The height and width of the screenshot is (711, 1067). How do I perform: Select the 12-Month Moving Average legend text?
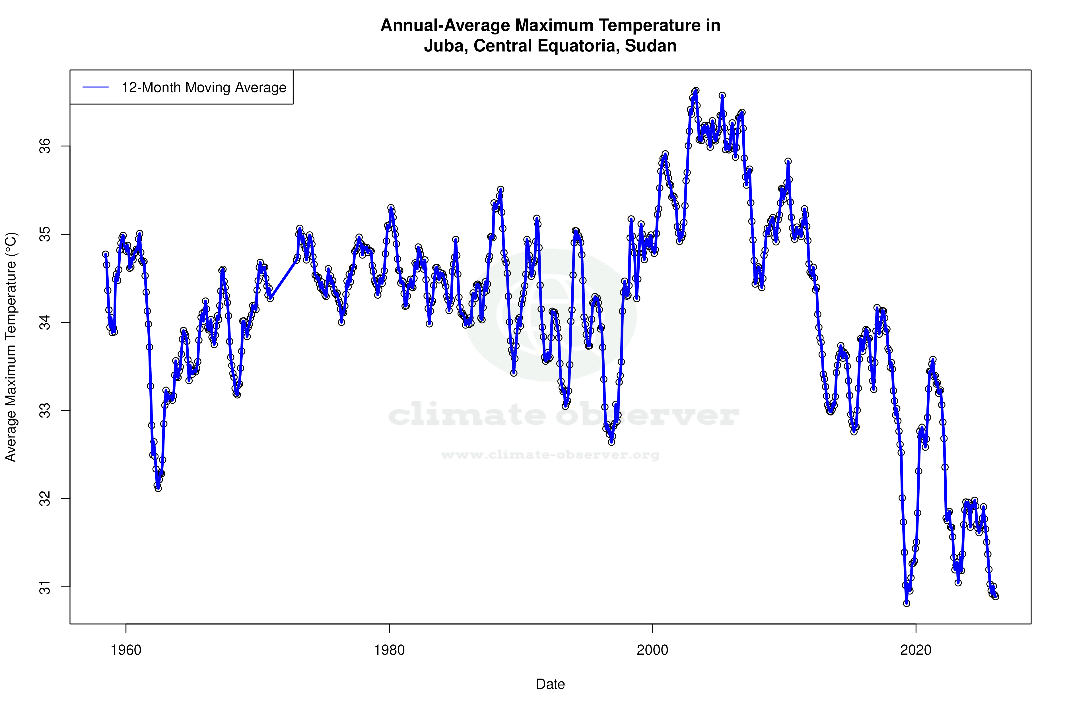tap(204, 88)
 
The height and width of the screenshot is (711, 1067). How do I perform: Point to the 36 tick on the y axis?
tap(45, 146)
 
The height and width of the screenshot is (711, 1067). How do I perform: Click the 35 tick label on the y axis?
tap(45, 234)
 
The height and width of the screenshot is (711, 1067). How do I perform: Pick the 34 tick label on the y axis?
tap(45, 323)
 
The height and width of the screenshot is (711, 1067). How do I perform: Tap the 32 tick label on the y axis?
tap(45, 499)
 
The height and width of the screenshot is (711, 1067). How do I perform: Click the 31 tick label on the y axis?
tap(45, 587)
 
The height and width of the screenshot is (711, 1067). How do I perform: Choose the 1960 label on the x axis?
tap(126, 650)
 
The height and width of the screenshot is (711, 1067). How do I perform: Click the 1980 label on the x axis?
tap(389, 650)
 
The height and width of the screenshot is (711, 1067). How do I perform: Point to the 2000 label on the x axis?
tap(652, 650)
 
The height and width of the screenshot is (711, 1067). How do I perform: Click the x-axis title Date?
tap(550, 684)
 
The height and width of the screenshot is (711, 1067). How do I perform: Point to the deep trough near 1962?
tap(158, 488)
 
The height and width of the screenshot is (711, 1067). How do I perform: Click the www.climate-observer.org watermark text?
tap(550, 455)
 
